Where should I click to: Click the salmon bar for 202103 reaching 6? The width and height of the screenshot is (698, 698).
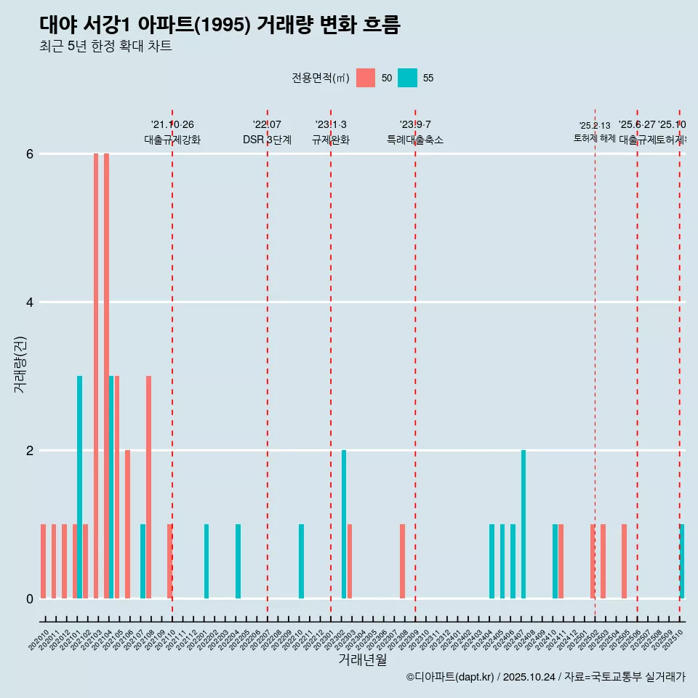click(x=95, y=376)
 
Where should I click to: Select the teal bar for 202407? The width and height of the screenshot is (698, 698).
click(x=523, y=524)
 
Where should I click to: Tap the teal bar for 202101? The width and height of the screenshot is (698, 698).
click(x=80, y=487)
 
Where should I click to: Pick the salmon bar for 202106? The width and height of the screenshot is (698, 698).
click(x=127, y=524)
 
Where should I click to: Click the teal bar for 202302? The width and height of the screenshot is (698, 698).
click(x=344, y=524)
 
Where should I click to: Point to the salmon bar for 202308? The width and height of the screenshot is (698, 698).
click(x=402, y=561)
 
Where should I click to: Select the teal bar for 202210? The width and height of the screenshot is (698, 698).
click(x=302, y=561)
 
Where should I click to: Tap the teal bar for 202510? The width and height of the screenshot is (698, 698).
click(x=682, y=561)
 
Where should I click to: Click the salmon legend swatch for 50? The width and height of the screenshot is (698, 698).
click(x=366, y=78)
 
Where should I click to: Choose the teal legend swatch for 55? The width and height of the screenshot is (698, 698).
click(x=408, y=78)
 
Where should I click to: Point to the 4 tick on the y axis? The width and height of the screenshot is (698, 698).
click(x=30, y=302)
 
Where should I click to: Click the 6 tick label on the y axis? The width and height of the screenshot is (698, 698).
click(x=30, y=154)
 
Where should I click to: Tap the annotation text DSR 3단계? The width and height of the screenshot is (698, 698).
click(x=267, y=140)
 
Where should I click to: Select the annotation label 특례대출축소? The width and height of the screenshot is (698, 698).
click(x=415, y=140)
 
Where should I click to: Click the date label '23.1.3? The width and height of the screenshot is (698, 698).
click(x=331, y=124)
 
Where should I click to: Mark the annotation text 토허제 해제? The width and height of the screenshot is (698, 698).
click(x=594, y=138)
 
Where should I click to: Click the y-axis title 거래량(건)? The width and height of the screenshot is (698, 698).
click(x=20, y=364)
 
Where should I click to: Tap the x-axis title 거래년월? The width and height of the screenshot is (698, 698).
click(x=362, y=659)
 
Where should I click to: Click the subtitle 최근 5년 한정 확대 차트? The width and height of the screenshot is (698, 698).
click(x=105, y=47)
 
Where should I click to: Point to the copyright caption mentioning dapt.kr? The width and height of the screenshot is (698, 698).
click(x=545, y=677)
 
